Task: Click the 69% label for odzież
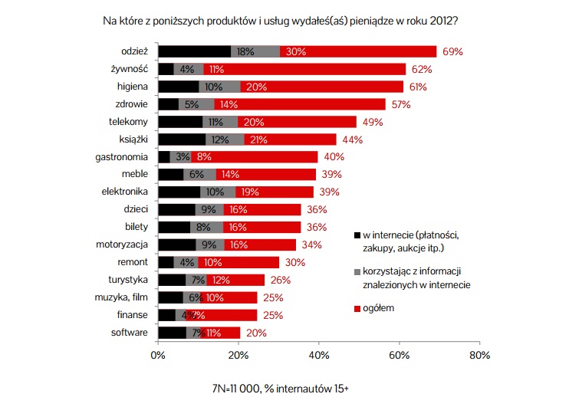click(x=452, y=51)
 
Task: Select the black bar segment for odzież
click(x=194, y=51)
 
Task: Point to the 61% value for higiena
click(x=418, y=87)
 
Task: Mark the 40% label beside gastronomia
click(x=334, y=157)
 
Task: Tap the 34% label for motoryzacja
click(x=311, y=245)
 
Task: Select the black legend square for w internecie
click(x=357, y=235)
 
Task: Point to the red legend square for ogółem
click(x=357, y=307)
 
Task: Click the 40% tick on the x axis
click(x=319, y=355)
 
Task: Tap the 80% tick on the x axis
click(x=479, y=355)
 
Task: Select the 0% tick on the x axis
click(x=158, y=355)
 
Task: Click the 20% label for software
click(x=256, y=333)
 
